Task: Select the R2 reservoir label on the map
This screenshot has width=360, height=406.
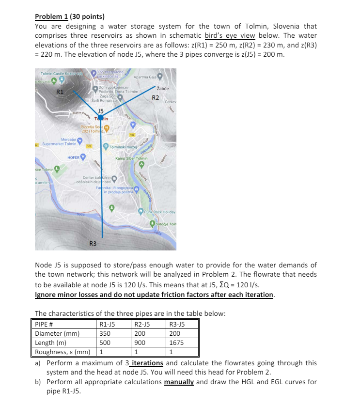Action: click(156, 97)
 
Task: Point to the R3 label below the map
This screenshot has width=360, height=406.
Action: click(93, 243)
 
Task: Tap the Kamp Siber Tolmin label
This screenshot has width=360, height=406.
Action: click(131, 159)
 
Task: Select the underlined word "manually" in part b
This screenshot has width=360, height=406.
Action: click(179, 382)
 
